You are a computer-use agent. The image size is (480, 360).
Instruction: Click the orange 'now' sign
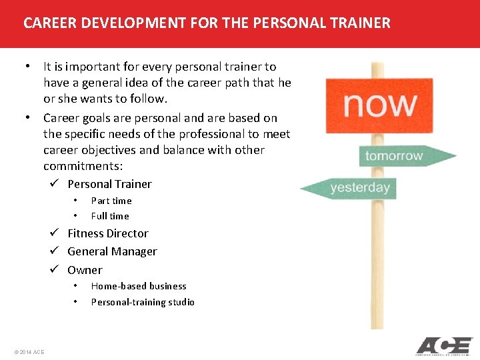379,105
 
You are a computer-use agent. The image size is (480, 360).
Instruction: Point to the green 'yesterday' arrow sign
349,188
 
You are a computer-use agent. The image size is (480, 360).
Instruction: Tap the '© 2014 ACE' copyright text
29,351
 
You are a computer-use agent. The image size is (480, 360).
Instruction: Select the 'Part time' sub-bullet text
111,201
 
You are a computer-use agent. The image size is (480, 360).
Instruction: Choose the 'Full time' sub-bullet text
110,216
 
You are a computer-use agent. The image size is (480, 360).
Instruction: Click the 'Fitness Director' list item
108,233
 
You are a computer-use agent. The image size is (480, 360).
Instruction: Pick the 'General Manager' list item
112,251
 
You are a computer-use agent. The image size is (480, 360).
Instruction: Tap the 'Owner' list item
85,270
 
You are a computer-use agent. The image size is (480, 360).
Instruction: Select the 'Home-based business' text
139,286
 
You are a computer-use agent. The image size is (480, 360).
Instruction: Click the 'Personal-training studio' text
143,302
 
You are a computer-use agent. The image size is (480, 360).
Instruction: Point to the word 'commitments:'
83,166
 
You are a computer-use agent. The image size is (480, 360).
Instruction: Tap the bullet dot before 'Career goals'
29,117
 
